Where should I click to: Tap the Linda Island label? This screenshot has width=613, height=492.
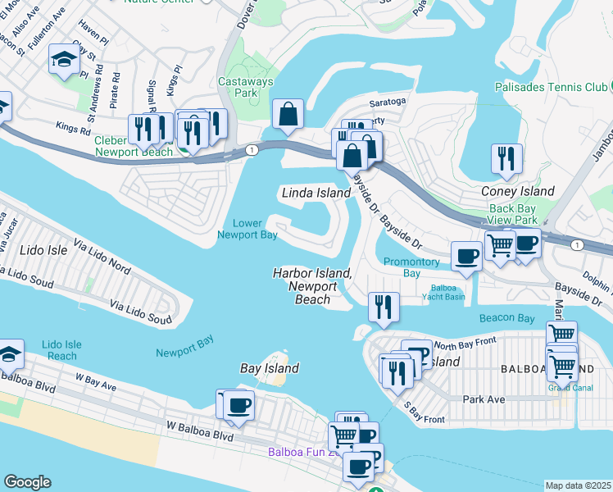[x=316, y=193]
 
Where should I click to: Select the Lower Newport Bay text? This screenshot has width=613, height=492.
[x=247, y=229]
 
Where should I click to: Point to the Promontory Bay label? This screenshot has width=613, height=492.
[x=413, y=268]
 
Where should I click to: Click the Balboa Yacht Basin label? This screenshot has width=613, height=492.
[x=454, y=294]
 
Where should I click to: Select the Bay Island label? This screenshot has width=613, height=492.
[x=269, y=369]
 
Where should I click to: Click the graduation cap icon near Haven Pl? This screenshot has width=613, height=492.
[x=63, y=59]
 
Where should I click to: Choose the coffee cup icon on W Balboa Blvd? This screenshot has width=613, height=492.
[x=239, y=404]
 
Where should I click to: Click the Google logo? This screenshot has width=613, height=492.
[x=27, y=482]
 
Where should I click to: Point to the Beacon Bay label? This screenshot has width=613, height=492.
[x=507, y=317]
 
